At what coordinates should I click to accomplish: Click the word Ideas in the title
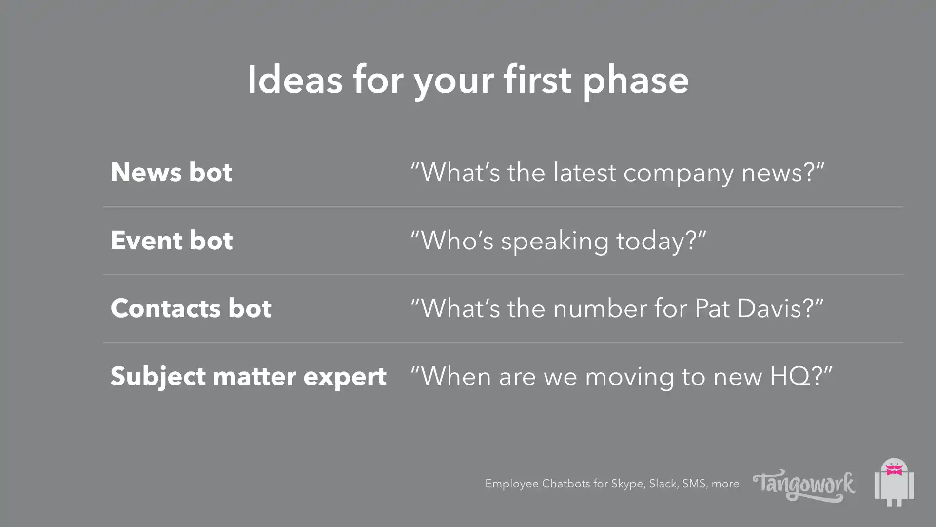295,80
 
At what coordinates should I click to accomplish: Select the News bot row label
172,172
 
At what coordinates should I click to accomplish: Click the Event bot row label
172,241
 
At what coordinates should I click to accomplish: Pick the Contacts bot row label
191,308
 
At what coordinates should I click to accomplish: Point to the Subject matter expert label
249,377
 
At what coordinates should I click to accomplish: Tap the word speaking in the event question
555,243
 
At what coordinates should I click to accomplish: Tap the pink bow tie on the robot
894,470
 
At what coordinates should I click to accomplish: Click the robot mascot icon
894,482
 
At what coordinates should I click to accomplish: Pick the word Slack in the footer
663,484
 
